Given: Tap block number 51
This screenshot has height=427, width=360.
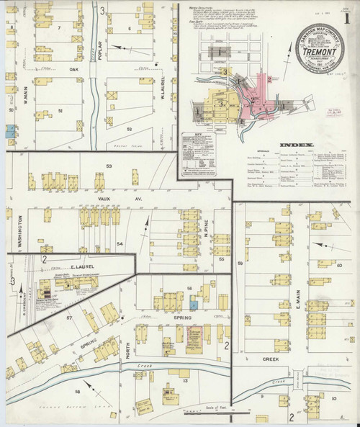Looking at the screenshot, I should pyautogui.click(x=60, y=110).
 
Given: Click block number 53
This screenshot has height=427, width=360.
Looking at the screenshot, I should pyautogui.click(x=109, y=166).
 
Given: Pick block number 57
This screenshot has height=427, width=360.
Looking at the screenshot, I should pyautogui.click(x=71, y=318).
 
